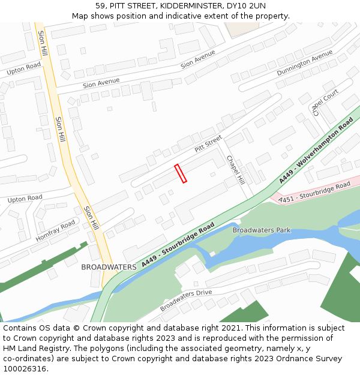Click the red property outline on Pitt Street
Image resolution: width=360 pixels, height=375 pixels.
pyautogui.click(x=181, y=173)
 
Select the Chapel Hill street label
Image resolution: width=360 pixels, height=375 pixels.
pyautogui.click(x=235, y=170)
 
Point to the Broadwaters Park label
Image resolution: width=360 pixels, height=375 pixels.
pyautogui.click(x=261, y=230)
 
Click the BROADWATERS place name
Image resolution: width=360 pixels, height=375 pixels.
pyautogui.click(x=109, y=267)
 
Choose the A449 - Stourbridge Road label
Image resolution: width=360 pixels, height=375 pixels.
pyautogui.click(x=178, y=245)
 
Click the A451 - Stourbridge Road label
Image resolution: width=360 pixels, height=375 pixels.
pyautogui.click(x=315, y=191)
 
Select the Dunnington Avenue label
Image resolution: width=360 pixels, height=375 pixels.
pyautogui.click(x=304, y=62)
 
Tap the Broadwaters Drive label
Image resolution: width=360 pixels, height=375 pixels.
pyautogui.click(x=186, y=301)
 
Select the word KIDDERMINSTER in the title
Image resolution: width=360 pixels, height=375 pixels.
pyautogui.click(x=191, y=5)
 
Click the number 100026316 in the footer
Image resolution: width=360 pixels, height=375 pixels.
pyautogui.click(x=25, y=369)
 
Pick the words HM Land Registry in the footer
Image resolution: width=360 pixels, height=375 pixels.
pyautogui.click(x=34, y=349)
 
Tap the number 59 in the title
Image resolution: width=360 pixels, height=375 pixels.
pyautogui.click(x=100, y=5)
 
